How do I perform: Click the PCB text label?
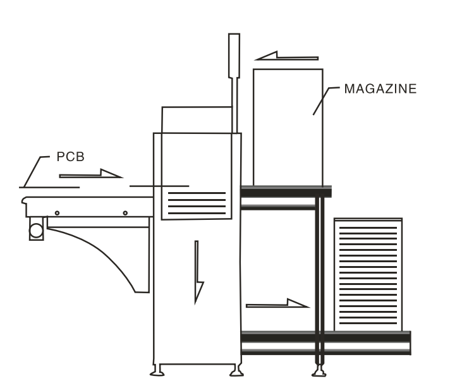click(70, 157)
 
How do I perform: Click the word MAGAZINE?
click(380, 89)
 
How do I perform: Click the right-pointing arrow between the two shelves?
click(278, 304)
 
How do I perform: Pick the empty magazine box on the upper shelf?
click(288, 126)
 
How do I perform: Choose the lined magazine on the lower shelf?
click(368, 275)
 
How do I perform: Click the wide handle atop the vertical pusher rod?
click(233, 54)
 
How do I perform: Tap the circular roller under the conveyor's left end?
click(36, 230)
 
